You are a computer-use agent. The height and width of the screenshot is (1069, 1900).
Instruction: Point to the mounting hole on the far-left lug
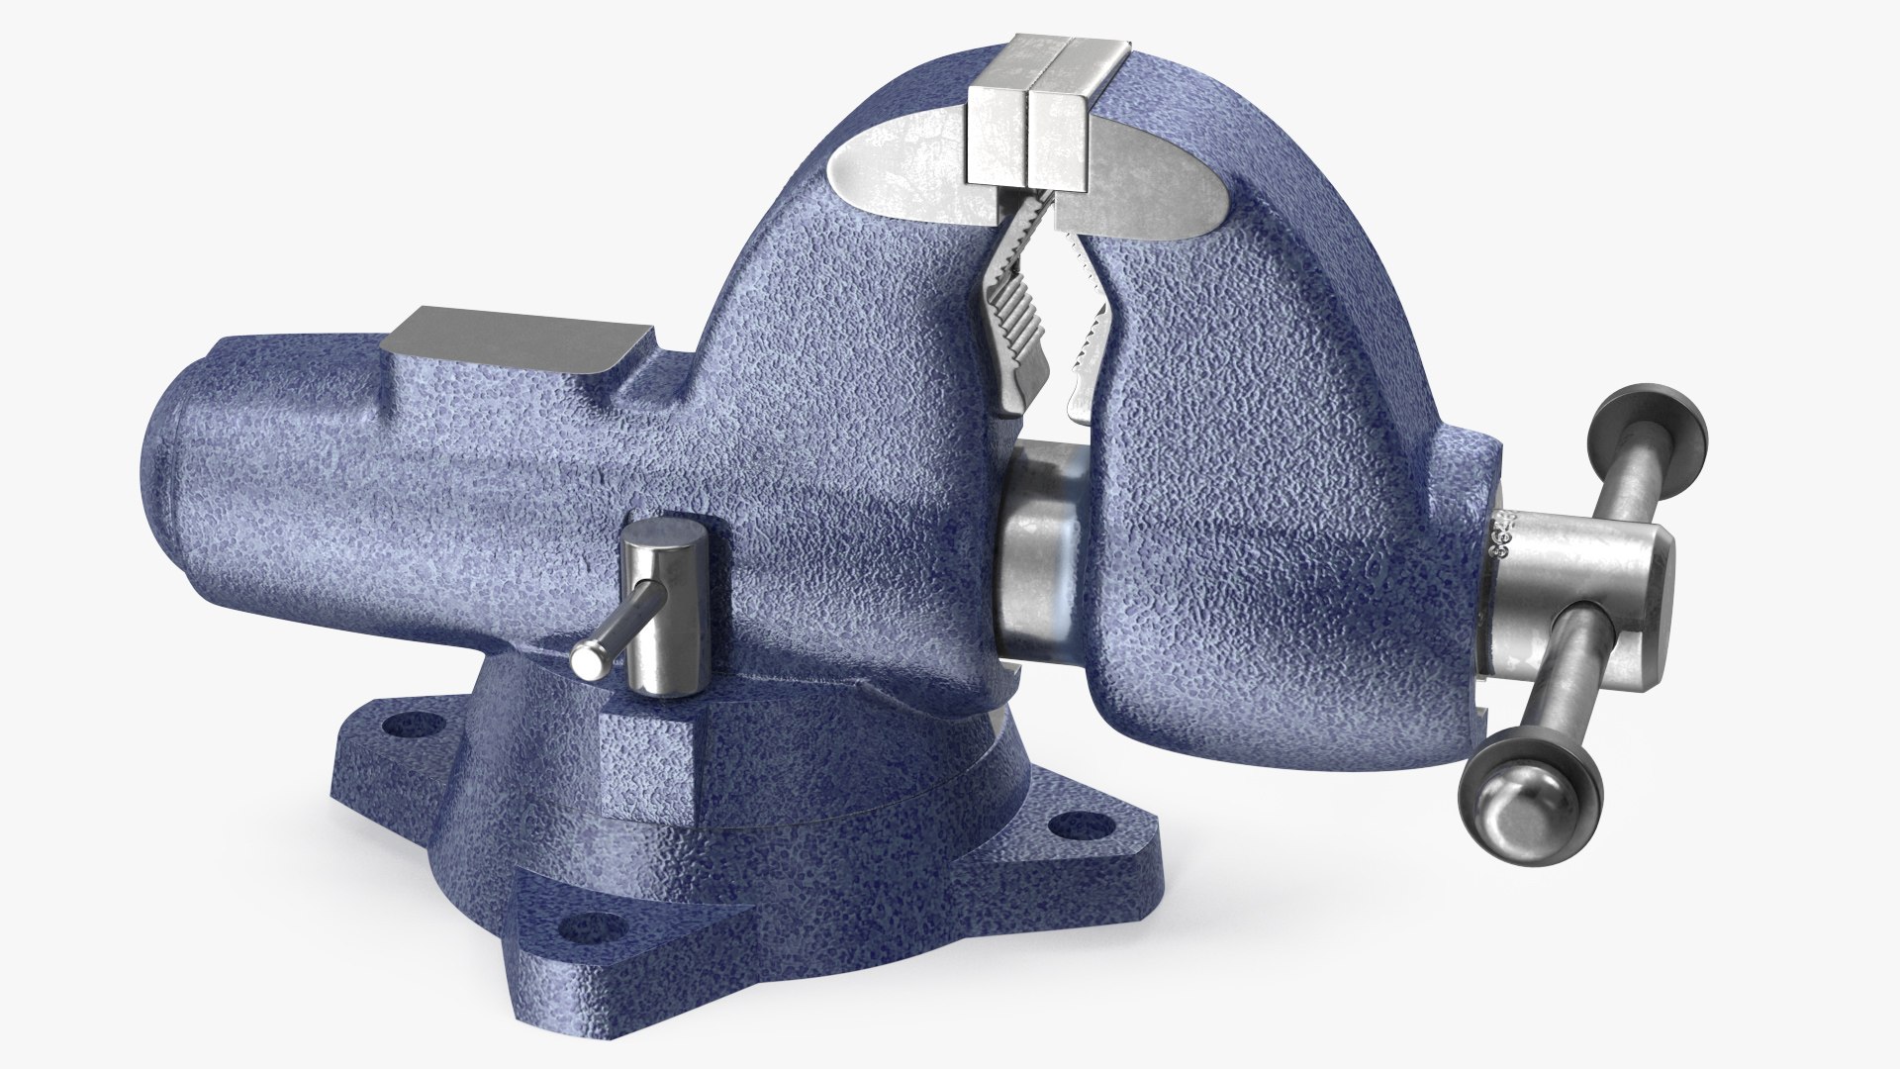click(403, 727)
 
